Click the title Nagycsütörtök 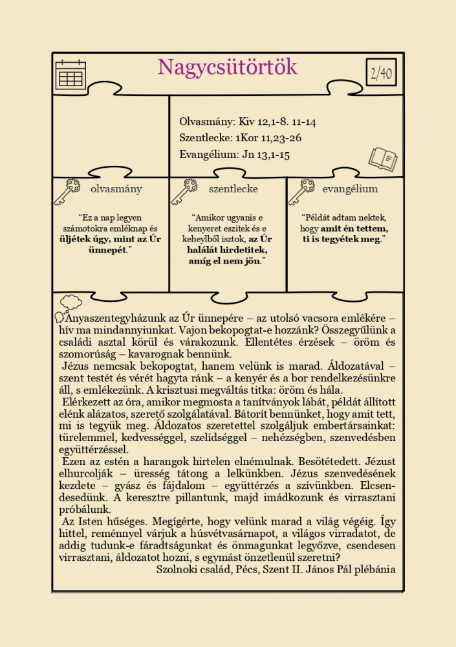point(227,67)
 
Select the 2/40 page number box point(381,73)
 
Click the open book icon point(382,158)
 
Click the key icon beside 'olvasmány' point(67,191)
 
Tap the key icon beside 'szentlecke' point(184,191)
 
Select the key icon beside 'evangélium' point(301,191)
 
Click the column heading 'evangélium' point(350,189)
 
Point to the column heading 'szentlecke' point(233,189)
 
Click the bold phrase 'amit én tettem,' point(354,229)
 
